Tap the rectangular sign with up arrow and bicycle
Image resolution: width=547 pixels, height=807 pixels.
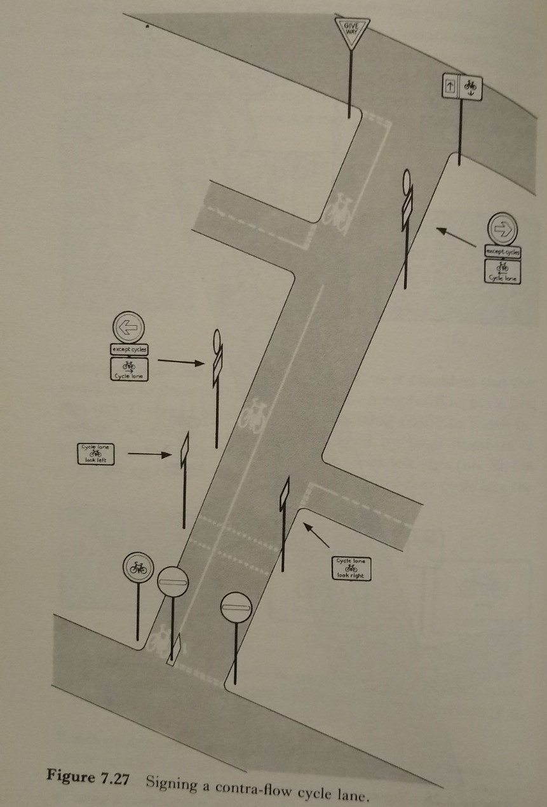462,86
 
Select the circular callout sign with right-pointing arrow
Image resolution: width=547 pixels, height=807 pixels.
503,227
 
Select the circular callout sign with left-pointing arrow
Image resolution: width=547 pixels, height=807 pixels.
129,327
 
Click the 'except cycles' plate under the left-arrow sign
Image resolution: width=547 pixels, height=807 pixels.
129,349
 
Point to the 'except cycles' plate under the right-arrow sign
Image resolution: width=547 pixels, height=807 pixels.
503,252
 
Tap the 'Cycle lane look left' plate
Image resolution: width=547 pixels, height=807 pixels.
96,454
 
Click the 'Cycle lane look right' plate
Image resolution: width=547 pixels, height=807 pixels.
351,567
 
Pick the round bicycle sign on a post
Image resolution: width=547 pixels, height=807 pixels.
138,567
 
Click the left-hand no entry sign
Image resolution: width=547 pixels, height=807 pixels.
173,580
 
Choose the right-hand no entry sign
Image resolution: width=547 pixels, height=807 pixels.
236,608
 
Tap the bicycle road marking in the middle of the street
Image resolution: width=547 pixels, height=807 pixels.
254,415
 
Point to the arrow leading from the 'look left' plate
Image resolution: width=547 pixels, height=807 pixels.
149,454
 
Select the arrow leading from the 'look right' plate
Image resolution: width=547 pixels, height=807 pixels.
316,534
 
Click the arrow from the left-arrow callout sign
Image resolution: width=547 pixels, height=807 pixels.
181,362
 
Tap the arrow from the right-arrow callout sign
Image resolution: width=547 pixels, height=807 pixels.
456,237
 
